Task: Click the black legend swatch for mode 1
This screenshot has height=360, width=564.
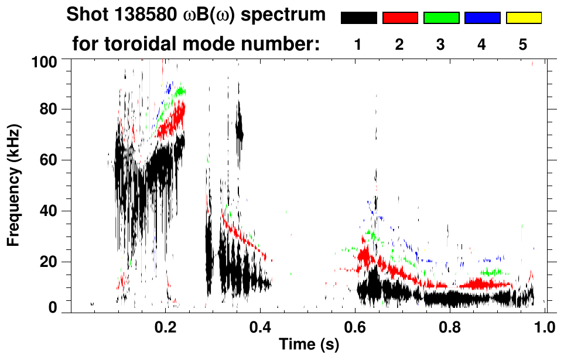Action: point(358,18)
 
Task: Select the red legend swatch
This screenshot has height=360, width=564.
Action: point(400,18)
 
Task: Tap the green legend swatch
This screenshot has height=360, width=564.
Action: point(441,18)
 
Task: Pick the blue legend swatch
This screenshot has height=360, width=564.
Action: point(482,18)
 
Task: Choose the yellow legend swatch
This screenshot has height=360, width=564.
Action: point(524,18)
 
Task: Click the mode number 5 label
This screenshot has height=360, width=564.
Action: point(523,44)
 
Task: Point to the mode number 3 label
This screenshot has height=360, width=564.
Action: point(441,44)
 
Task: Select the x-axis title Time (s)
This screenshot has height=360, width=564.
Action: point(309,345)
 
